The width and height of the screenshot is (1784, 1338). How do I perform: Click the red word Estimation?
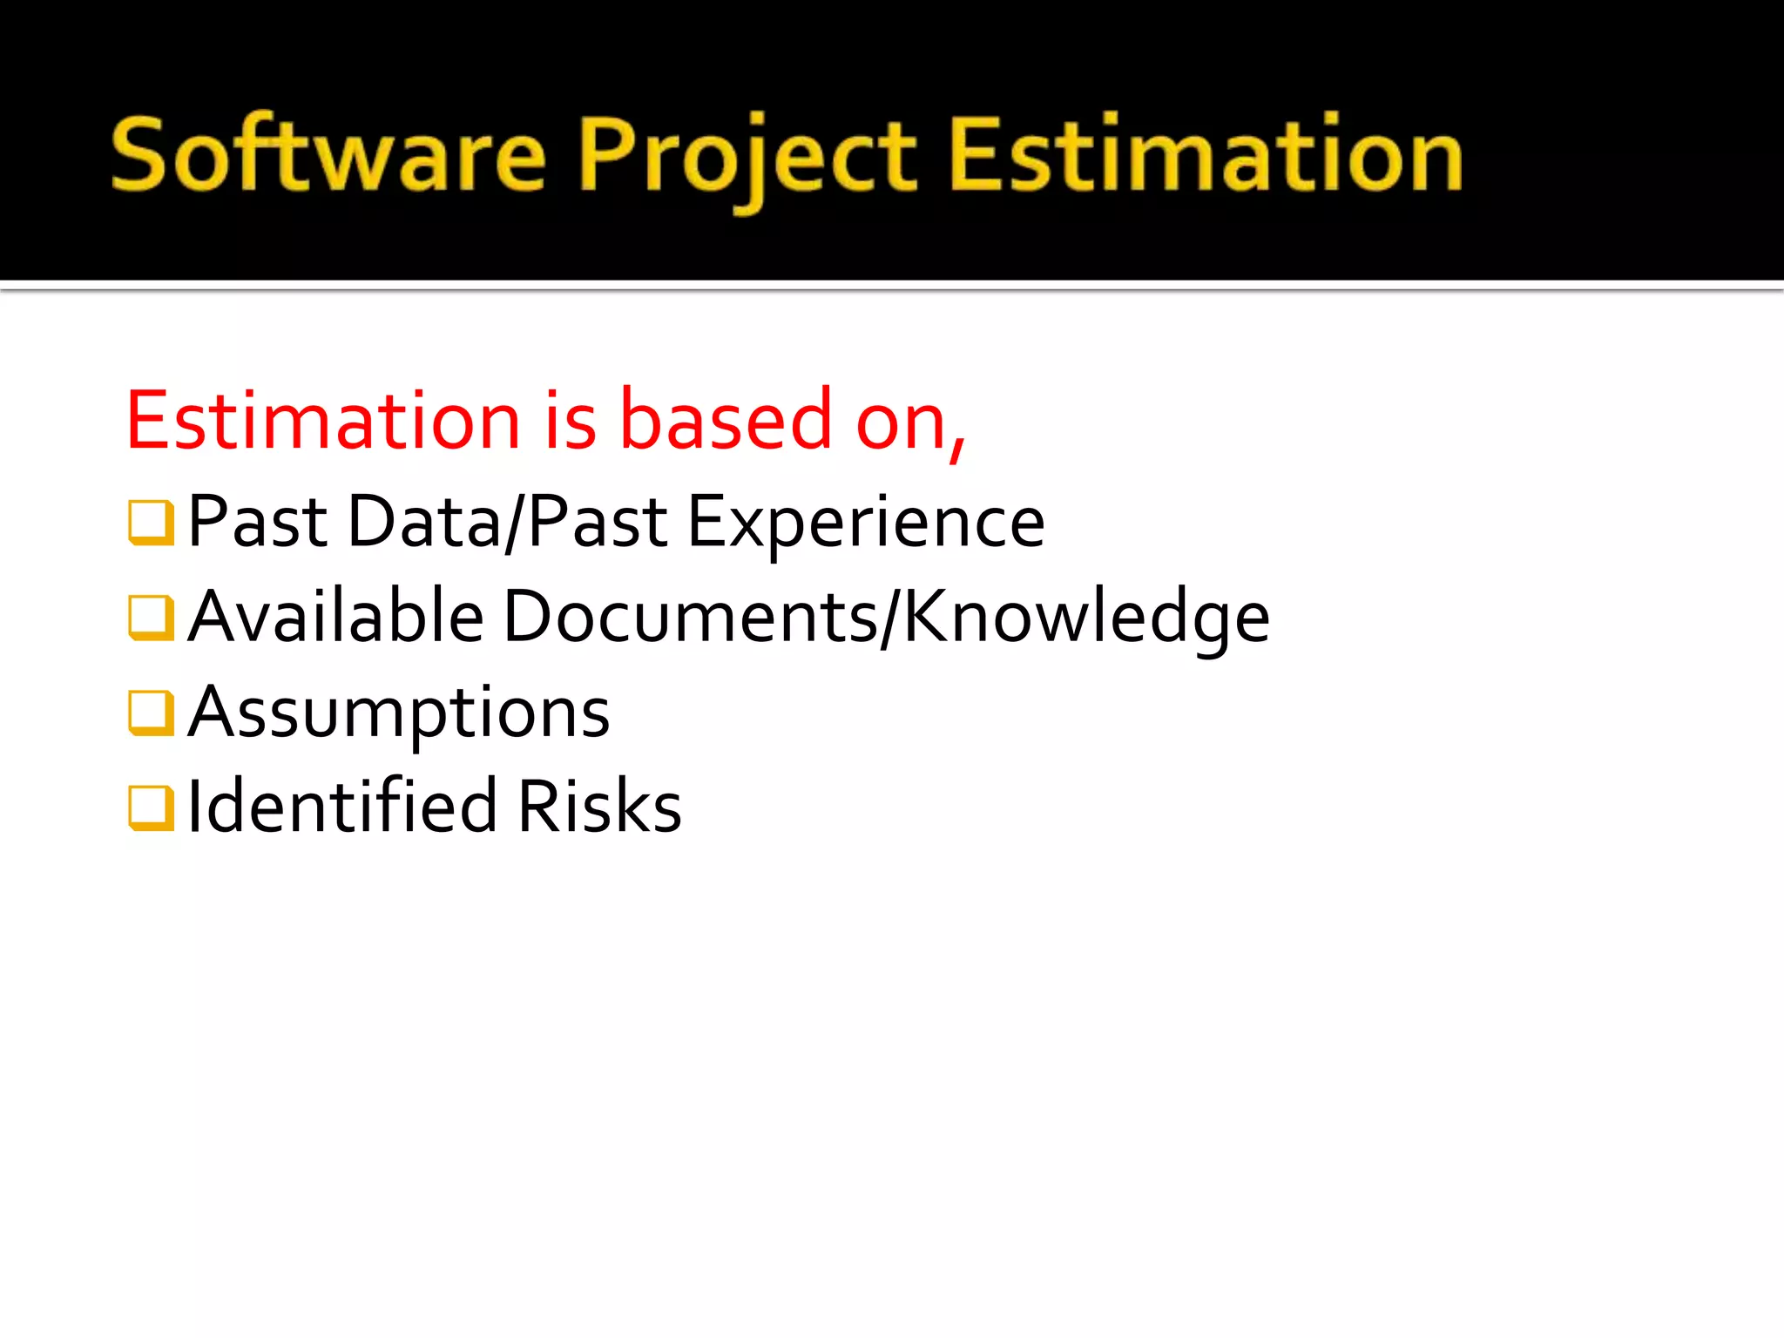click(x=323, y=421)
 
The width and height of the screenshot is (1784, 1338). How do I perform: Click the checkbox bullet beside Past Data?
click(x=151, y=522)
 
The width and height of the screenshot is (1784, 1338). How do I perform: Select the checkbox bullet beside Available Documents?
click(x=151, y=617)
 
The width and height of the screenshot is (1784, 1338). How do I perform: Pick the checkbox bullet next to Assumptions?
click(x=151, y=713)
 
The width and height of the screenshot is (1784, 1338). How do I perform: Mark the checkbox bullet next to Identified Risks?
click(x=151, y=808)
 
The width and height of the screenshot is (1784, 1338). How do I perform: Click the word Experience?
click(x=866, y=523)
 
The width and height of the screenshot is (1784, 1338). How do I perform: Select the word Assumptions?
click(x=399, y=713)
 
